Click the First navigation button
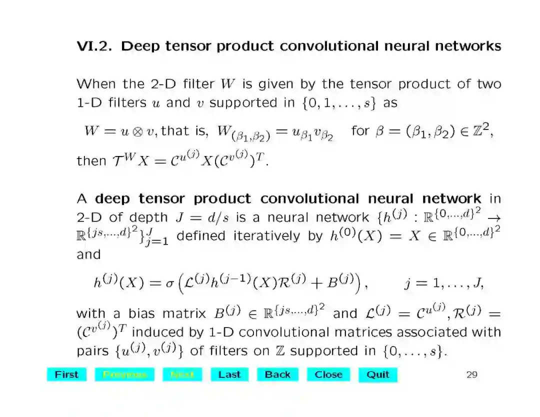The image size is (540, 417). point(66,374)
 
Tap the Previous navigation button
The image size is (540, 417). point(125,374)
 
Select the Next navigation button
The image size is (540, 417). point(182,374)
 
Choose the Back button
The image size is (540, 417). point(277,374)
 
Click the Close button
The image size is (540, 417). point(328,374)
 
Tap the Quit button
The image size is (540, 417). point(377,374)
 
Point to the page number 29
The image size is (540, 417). point(471,374)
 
